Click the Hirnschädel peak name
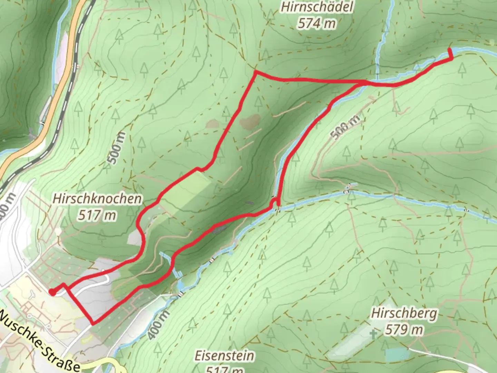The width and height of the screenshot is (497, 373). pyautogui.click(x=317, y=7)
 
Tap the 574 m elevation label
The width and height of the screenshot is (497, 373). pyautogui.click(x=317, y=23)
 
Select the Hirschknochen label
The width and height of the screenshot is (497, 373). pyautogui.click(x=97, y=199)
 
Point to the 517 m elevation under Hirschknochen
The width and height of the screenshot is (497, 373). pyautogui.click(x=97, y=216)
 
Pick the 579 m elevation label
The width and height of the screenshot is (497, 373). pyautogui.click(x=404, y=330)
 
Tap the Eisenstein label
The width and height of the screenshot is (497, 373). pyautogui.click(x=224, y=355)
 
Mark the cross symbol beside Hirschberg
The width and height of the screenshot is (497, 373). pyautogui.click(x=373, y=334)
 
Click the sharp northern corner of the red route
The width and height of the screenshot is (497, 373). pyautogui.click(x=255, y=72)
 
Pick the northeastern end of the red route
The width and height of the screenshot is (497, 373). pyautogui.click(x=450, y=50)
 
